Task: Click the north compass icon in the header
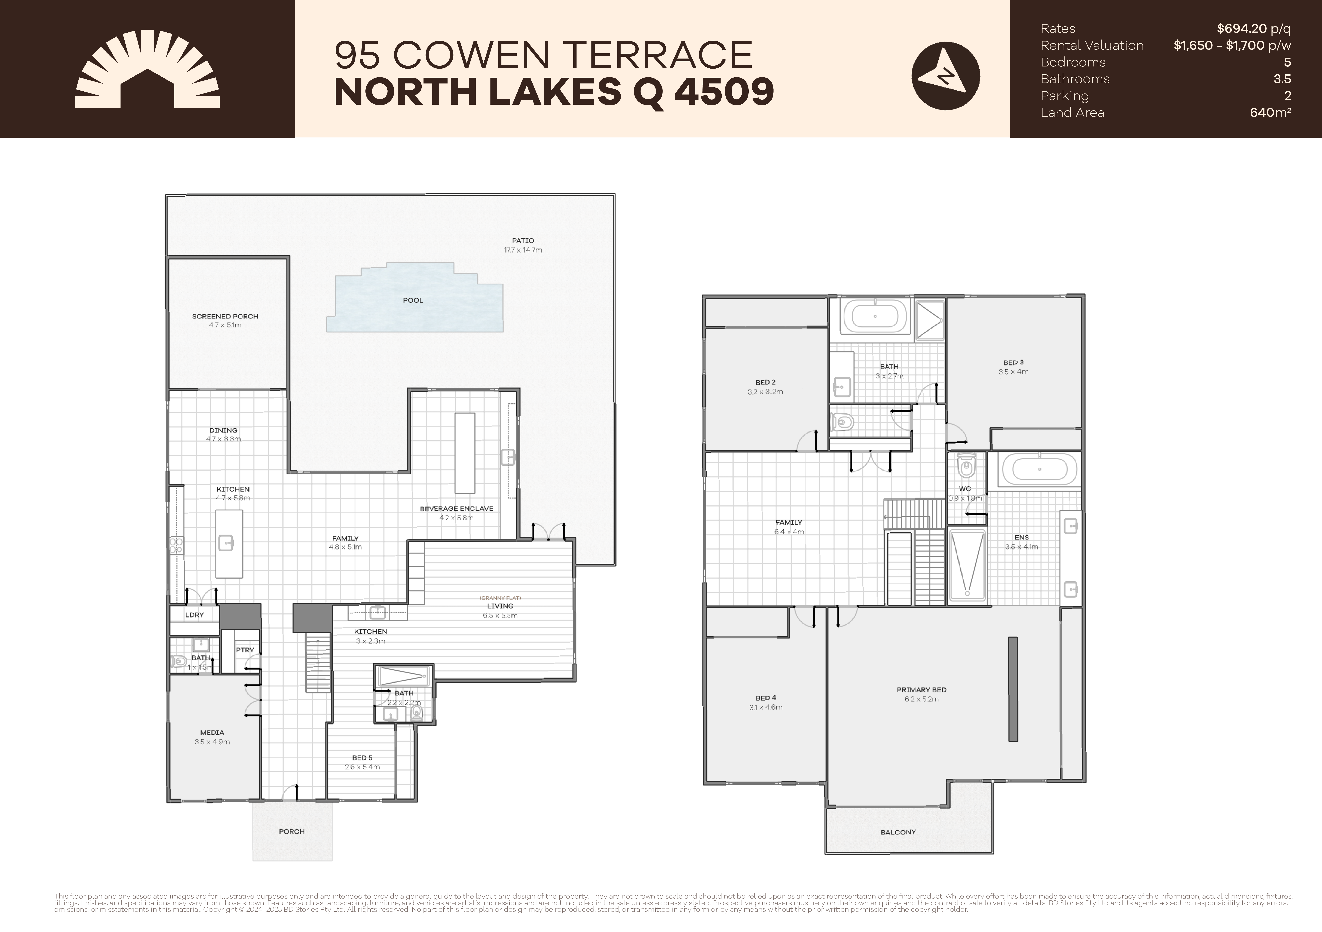945,76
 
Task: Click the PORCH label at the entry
291,831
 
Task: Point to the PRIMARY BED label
921,690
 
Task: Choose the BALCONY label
898,832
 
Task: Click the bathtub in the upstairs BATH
875,316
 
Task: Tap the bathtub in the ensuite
1039,470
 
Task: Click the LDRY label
195,615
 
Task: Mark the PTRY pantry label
245,650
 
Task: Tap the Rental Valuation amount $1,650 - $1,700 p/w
1232,45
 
